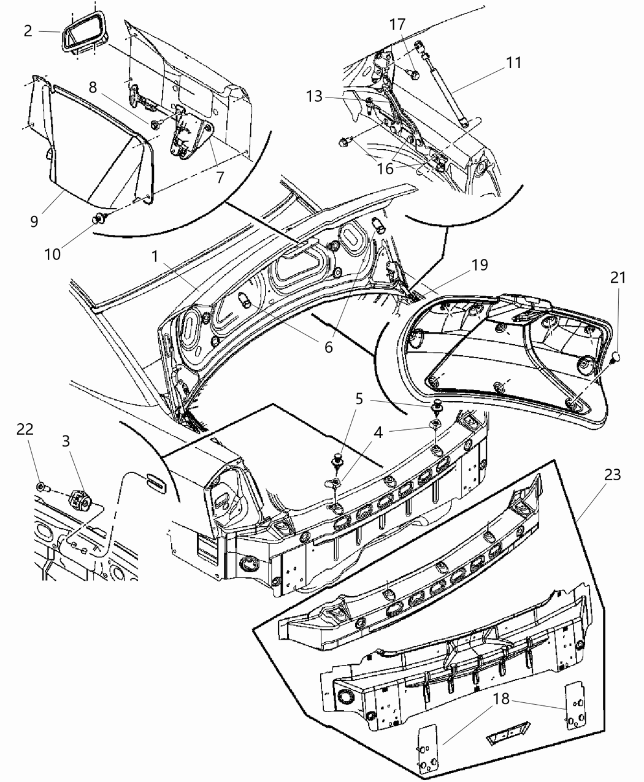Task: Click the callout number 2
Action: click(28, 31)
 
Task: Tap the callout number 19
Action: click(480, 265)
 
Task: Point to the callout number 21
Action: click(618, 277)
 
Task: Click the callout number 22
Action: click(25, 431)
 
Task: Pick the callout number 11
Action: click(513, 63)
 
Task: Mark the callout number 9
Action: click(34, 221)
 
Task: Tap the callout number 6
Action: click(329, 347)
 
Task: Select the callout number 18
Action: click(501, 699)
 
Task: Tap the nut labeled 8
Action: click(155, 125)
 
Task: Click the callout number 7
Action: click(220, 177)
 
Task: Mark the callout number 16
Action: click(385, 168)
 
